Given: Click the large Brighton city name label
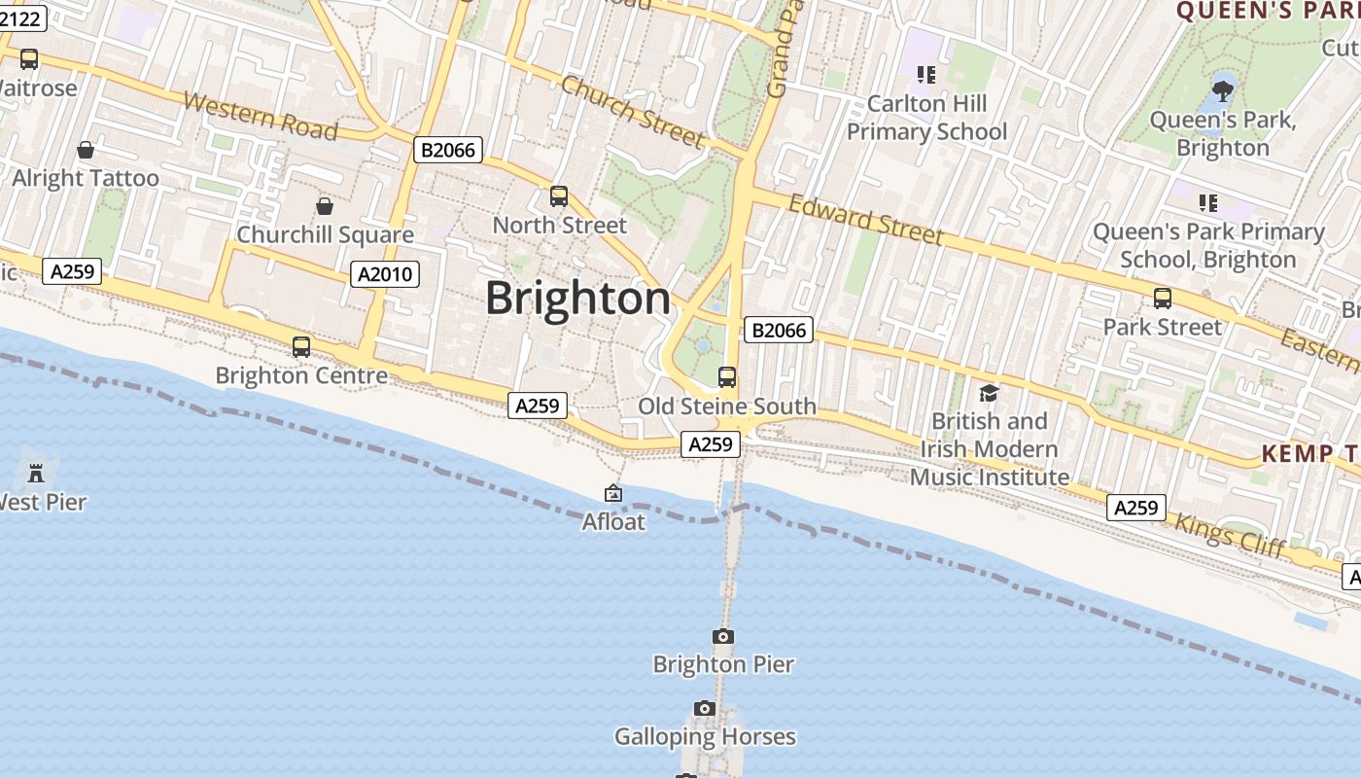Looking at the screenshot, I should [x=577, y=298].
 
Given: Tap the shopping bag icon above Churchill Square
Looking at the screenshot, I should [x=325, y=206].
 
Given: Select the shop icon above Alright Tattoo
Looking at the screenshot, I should [x=86, y=150].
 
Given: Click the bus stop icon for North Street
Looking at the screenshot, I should [x=559, y=196].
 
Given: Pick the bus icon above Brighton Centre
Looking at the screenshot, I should [x=301, y=346].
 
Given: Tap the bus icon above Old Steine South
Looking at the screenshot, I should [x=727, y=377].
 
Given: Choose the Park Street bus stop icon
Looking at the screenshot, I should [x=1162, y=299].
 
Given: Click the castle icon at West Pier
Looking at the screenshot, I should [x=36, y=474].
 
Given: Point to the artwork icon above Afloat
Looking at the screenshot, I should [x=613, y=494].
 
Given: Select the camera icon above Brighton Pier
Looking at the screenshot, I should [x=723, y=636].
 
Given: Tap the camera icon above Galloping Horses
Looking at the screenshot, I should [x=705, y=708].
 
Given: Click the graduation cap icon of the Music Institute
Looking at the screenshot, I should [x=989, y=393].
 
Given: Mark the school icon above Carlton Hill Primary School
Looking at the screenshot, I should [x=925, y=74].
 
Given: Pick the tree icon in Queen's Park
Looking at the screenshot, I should [x=1222, y=91].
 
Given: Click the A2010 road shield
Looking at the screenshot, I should [x=386, y=274].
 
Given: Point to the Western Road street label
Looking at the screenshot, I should [x=260, y=116].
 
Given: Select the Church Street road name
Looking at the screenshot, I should [x=632, y=112].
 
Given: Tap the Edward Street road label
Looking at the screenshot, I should [x=865, y=220].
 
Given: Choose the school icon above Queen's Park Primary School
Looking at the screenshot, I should [x=1208, y=202].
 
